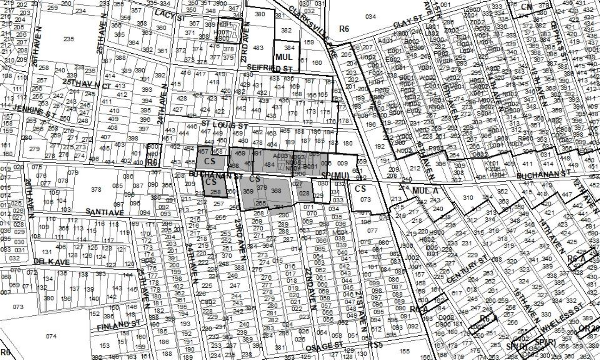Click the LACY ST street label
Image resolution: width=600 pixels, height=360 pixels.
click(170, 15)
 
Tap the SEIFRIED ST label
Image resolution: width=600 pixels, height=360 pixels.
click(270, 68)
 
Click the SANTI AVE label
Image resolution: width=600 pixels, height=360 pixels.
click(105, 212)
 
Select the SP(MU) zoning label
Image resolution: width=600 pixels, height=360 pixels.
click(335, 176)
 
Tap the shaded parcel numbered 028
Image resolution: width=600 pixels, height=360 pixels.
click(304, 193)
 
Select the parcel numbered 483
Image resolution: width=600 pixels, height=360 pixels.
click(258, 48)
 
